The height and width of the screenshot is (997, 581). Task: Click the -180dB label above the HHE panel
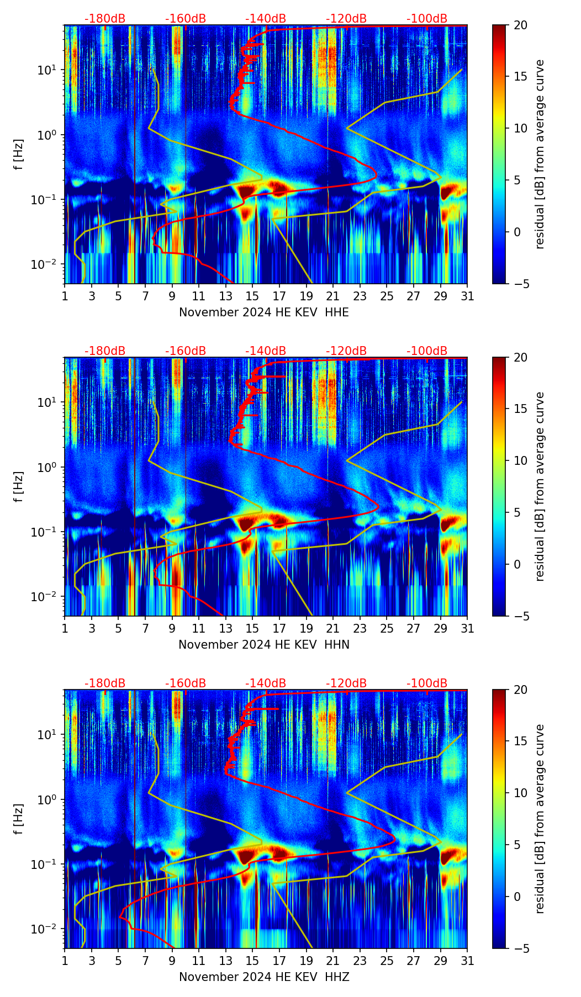[x=105, y=19]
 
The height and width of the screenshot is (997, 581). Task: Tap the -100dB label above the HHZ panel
[x=427, y=683]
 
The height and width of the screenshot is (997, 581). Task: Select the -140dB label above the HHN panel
[x=266, y=351]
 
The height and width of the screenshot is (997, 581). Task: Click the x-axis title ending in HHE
[x=264, y=312]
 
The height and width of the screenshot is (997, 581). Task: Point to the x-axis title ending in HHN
[x=264, y=645]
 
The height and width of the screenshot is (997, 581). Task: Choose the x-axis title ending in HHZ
[x=264, y=977]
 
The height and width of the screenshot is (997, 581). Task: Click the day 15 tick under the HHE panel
[x=252, y=296]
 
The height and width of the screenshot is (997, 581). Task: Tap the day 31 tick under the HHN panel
[x=467, y=628]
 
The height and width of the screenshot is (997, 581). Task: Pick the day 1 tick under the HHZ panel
[x=65, y=961]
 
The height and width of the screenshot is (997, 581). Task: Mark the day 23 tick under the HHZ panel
[x=360, y=961]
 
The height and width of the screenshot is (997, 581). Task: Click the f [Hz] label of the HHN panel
[x=19, y=486]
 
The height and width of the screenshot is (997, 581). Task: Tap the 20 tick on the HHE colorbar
[x=520, y=25]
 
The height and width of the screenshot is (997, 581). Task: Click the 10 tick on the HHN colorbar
[x=520, y=460]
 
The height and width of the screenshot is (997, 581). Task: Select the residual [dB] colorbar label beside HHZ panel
[x=540, y=819]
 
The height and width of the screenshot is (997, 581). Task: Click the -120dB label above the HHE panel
[x=346, y=19]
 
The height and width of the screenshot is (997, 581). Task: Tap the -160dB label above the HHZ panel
[x=186, y=683]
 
